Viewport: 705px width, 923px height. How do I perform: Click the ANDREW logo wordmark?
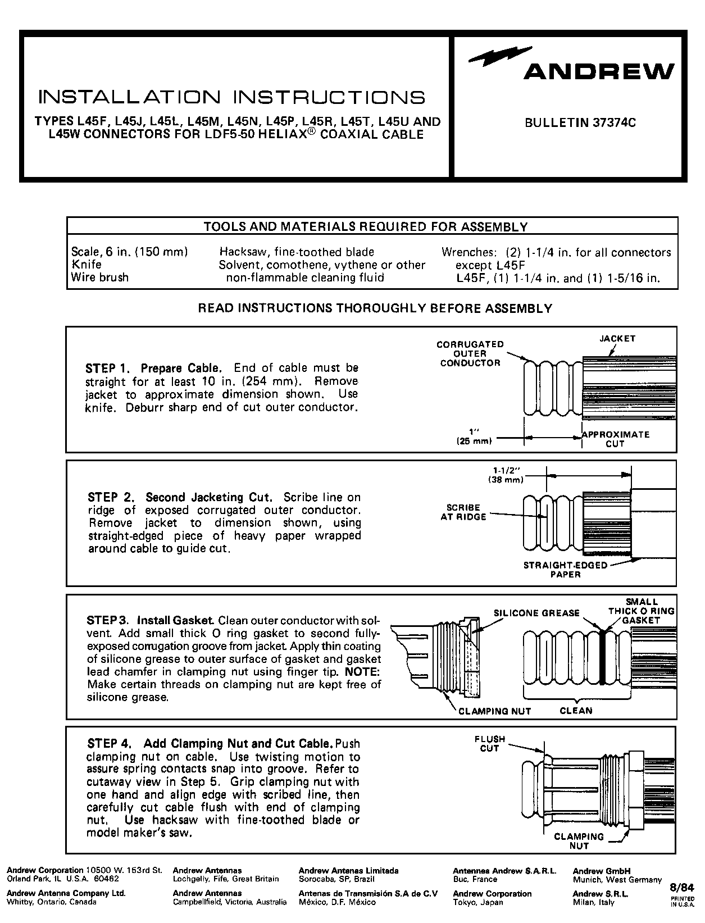(x=598, y=72)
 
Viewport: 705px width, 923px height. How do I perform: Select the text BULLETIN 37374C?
(x=580, y=122)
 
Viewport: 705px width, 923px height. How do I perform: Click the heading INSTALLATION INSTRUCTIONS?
(x=231, y=97)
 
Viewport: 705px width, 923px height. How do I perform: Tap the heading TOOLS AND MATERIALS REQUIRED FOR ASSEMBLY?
(x=366, y=227)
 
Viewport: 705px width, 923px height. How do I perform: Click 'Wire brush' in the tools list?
(x=99, y=278)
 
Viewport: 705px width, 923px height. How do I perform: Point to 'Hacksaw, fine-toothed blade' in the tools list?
(x=297, y=252)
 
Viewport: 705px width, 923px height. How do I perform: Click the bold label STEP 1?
(x=108, y=369)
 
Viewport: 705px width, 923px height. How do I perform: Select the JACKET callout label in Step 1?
(x=617, y=339)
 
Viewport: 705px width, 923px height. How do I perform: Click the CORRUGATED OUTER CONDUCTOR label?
(x=470, y=354)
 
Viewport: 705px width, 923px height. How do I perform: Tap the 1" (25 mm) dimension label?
(x=475, y=437)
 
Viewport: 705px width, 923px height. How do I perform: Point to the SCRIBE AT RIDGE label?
(x=463, y=512)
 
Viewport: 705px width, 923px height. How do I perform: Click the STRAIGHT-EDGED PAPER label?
(x=566, y=570)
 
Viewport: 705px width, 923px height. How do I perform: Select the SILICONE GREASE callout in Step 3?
(x=536, y=613)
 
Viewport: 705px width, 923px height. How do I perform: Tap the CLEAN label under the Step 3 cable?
(x=576, y=711)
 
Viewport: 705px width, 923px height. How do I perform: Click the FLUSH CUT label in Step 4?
(x=489, y=744)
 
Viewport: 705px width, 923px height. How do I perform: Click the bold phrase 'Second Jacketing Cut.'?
(x=209, y=498)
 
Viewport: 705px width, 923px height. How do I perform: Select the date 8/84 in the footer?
(x=683, y=888)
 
